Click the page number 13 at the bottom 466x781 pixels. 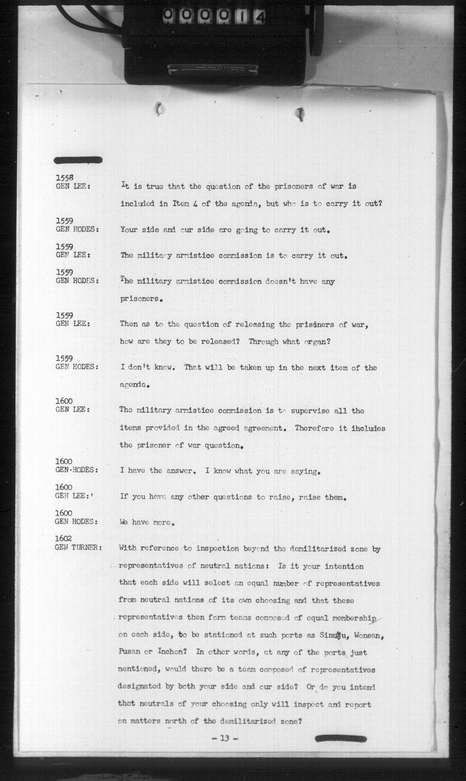[225, 738]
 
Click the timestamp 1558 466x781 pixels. [65, 178]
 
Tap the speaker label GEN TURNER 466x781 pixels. [78, 547]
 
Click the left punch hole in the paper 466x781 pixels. [160, 109]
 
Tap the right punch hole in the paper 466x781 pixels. [300, 114]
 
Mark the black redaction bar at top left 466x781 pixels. [78, 160]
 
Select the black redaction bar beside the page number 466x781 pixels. [340, 738]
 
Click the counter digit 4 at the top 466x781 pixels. [259, 17]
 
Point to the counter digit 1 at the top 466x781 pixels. [240, 17]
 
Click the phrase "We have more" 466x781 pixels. [145, 522]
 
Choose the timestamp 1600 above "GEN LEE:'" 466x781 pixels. [64, 487]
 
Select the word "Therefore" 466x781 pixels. [315, 428]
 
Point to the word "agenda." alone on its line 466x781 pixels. [136, 385]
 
